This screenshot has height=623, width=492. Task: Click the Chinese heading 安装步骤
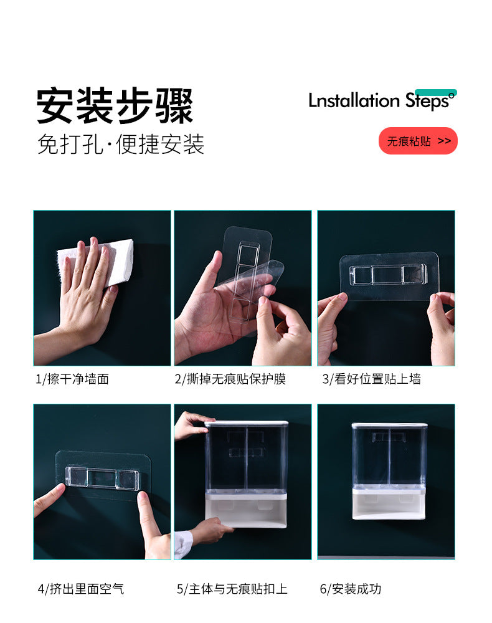tap(115, 105)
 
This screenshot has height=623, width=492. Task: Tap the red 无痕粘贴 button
tap(418, 141)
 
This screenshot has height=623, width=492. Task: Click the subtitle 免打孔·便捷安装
tap(121, 145)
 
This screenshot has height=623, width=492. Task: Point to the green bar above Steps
tap(435, 92)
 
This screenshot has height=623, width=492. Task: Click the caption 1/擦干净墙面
tap(72, 379)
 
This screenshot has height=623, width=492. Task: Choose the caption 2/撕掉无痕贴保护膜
tap(230, 379)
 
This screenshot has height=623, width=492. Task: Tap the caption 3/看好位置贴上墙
tap(371, 379)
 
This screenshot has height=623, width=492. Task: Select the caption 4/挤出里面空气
tap(81, 588)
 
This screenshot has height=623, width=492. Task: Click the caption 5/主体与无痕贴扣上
tap(232, 588)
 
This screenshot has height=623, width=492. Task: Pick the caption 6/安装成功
tap(350, 588)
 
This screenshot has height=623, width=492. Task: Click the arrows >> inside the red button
tap(444, 141)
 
